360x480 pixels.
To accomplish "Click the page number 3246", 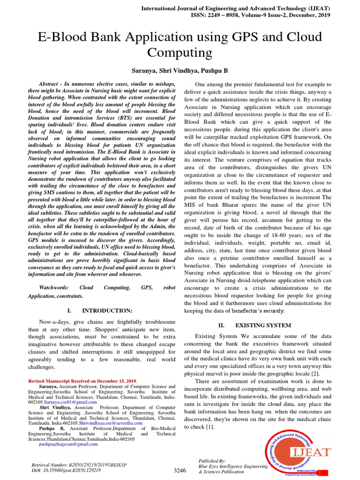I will point(180,470).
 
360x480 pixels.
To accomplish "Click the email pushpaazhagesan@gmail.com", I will point(68,444).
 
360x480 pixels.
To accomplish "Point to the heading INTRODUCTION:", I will point(107,311).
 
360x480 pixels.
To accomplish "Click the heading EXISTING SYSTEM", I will point(262,325).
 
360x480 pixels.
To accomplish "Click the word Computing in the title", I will point(180,52).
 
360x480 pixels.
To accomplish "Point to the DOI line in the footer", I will point(66,470).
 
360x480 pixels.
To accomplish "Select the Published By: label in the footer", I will point(212,461).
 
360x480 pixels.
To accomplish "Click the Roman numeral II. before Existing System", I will point(222,325).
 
